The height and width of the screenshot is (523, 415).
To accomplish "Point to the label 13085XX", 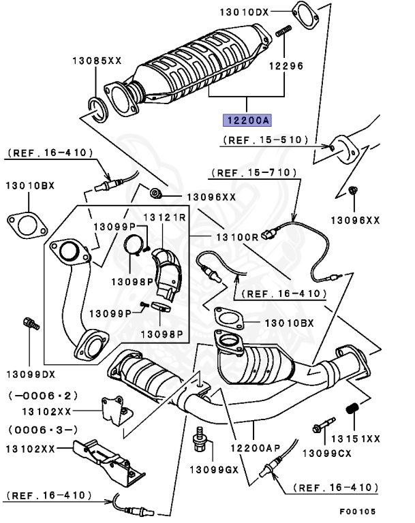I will pyautogui.click(x=97, y=61).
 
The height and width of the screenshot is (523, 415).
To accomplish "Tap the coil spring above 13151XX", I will pyautogui.click(x=353, y=409).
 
